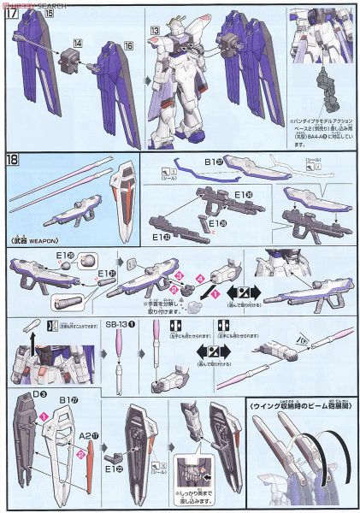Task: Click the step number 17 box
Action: tap(13, 15)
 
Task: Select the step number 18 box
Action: tap(13, 159)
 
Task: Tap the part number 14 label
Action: tap(78, 41)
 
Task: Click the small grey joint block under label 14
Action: tap(72, 60)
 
